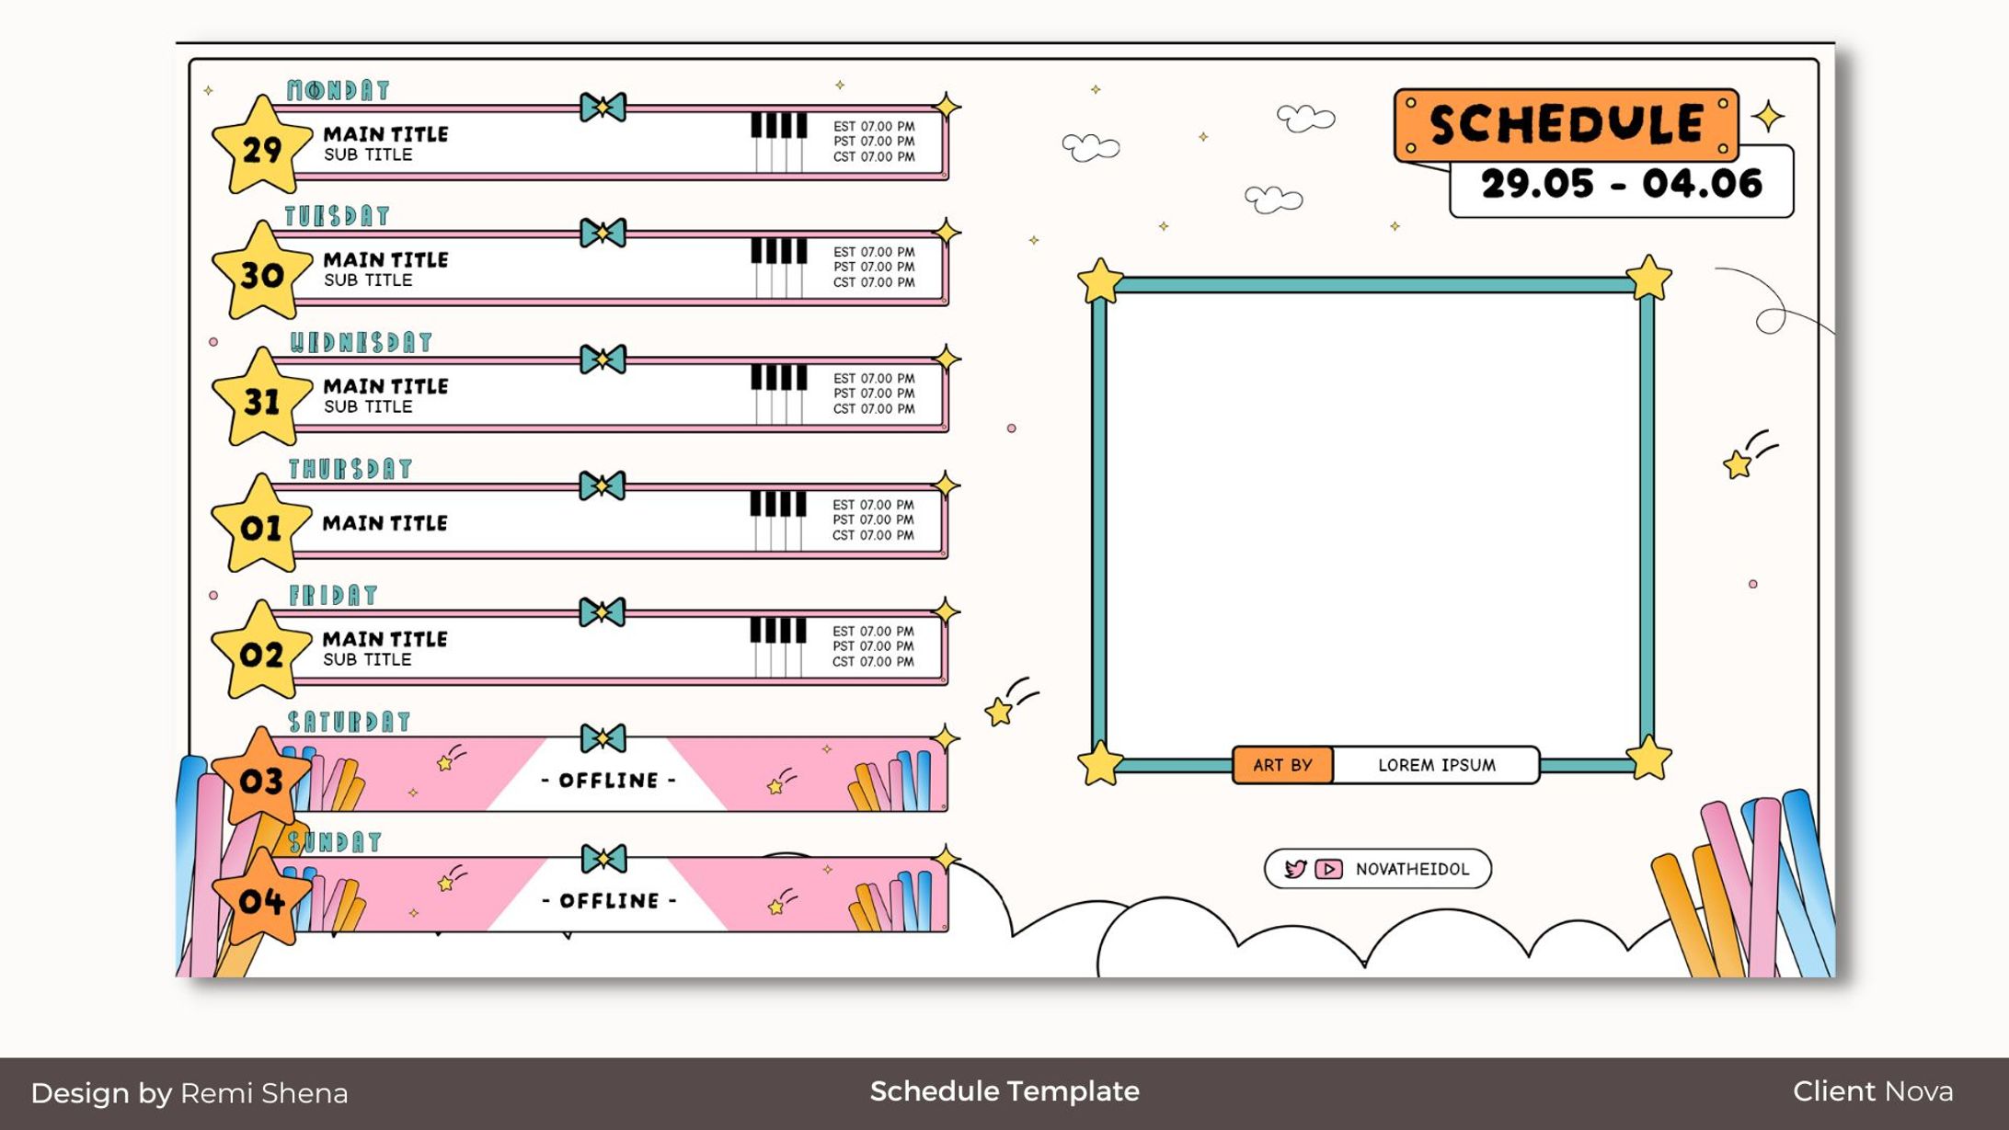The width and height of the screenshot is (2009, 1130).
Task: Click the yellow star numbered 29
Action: coord(261,147)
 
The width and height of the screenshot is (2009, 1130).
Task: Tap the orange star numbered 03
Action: coord(261,779)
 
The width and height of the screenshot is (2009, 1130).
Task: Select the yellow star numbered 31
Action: coord(261,400)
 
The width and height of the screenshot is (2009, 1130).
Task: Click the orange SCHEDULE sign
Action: coord(1566,124)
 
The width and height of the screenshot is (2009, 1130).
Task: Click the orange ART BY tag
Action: coord(1282,765)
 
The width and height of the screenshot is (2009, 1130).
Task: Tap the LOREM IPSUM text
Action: coord(1436,765)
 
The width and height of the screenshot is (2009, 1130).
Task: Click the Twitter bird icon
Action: coord(1295,869)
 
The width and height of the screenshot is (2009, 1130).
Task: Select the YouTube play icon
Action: coord(1328,869)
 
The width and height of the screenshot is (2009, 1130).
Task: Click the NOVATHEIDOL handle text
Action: coord(1412,869)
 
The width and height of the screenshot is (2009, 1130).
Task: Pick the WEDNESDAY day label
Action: coord(361,343)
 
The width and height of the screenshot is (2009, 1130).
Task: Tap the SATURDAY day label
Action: coord(349,722)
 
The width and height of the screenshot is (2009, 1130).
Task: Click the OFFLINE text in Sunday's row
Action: coord(609,901)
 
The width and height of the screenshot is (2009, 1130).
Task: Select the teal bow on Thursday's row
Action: coord(603,485)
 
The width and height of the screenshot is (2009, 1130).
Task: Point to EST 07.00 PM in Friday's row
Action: coord(873,632)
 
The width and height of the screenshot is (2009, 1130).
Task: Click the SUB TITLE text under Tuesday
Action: coord(368,280)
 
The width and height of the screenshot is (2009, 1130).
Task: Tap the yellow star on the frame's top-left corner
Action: coord(1100,280)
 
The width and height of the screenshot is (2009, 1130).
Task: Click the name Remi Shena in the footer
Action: coord(264,1093)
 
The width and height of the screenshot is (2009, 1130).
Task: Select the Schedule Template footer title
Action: coord(1004,1091)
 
